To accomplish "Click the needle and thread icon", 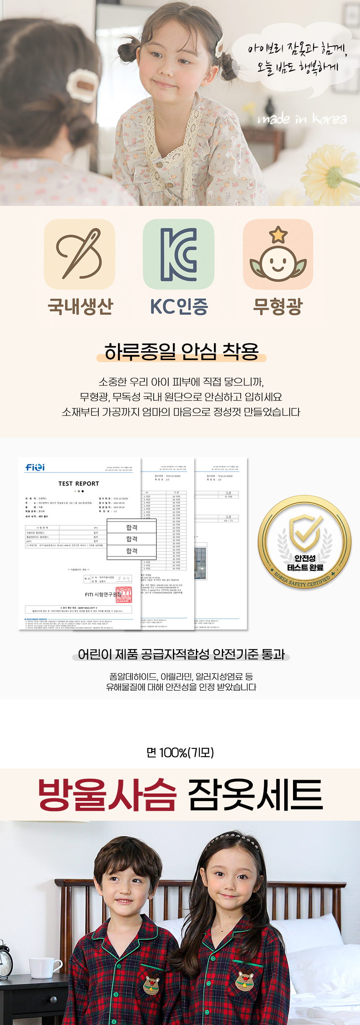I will coord(80,254).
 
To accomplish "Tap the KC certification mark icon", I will coord(179,254).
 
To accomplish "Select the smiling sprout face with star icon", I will coord(278,254).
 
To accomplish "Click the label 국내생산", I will coord(80,306).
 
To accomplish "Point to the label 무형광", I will coord(278,306).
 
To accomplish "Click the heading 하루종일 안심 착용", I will coord(181,352).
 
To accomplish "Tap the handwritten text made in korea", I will coord(302,119).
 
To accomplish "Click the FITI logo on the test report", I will coord(35,467).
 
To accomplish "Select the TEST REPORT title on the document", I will coord(79,483).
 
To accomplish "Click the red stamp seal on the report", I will coord(124,595).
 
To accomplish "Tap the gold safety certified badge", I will coord(305,543).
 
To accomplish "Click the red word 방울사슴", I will coord(107,795).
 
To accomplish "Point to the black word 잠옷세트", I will coord(255,795).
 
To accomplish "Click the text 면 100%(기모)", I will coord(180,753).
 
